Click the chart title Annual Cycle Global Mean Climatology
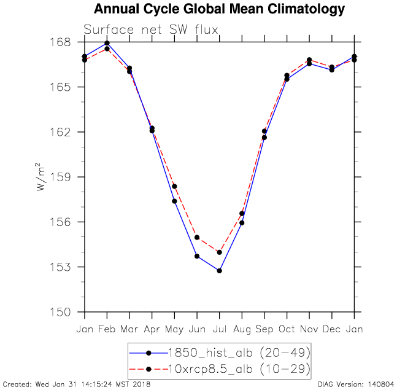click(219, 9)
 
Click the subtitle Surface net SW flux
click(151, 29)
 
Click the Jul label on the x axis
click(219, 329)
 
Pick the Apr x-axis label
click(152, 329)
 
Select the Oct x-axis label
click(287, 329)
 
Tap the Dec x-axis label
click(332, 329)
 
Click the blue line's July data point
click(219, 271)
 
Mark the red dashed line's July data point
click(219, 252)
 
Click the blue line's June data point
click(197, 256)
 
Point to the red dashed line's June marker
click(197, 237)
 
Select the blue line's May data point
click(174, 201)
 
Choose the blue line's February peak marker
click(107, 44)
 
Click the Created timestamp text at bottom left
click(75, 384)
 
